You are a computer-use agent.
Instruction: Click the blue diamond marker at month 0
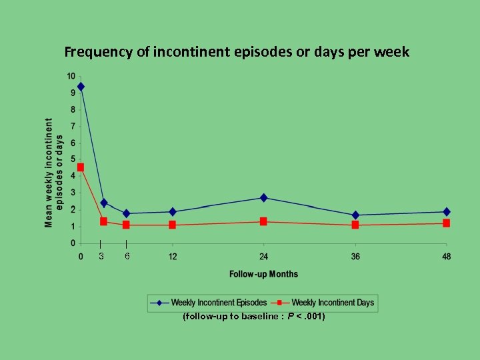pos(81,87)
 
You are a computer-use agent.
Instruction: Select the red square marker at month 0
pos(81,167)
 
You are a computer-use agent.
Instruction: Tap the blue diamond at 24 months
pos(263,198)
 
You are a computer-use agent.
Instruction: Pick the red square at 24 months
pos(263,221)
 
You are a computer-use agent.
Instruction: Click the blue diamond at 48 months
pos(446,212)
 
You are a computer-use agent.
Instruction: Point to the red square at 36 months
pos(355,225)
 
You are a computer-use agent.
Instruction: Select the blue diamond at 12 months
pos(173,212)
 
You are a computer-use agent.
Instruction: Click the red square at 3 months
pos(103,221)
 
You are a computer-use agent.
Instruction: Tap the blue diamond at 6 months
pos(126,213)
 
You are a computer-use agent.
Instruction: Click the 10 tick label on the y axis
pos(71,75)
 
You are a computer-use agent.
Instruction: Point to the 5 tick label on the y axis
pos(73,159)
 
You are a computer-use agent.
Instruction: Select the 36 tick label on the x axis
pos(355,257)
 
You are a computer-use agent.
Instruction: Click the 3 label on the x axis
pos(101,257)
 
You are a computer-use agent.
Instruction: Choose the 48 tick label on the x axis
pos(446,257)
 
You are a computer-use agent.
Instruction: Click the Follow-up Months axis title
pos(263,274)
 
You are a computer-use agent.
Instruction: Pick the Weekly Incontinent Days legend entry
pos(333,303)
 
